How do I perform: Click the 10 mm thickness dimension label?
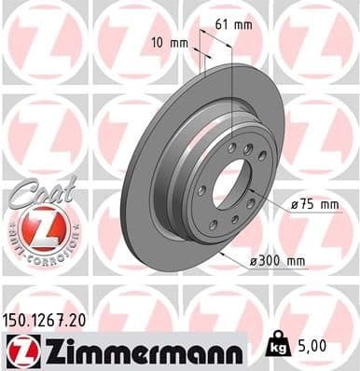169,43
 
